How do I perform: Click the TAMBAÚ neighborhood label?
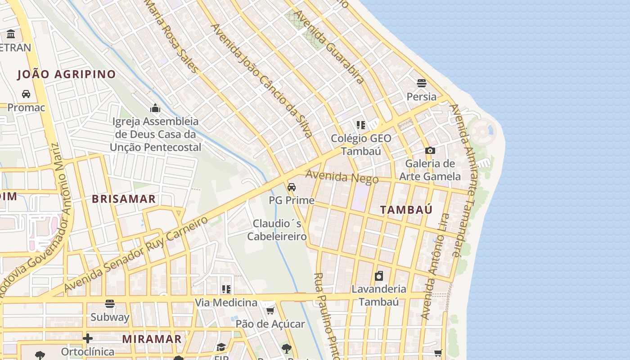coord(406,210)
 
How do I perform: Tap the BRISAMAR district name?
coord(124,199)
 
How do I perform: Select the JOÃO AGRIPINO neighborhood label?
coord(67,74)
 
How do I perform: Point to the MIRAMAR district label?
coord(152,339)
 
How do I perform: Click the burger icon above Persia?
coord(422,83)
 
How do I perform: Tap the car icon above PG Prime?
coord(292,187)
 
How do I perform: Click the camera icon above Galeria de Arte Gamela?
coord(430,150)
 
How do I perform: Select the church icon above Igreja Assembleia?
coord(155,108)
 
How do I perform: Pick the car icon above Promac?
coord(26,94)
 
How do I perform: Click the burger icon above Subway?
coord(110,304)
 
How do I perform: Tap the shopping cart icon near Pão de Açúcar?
coord(270,310)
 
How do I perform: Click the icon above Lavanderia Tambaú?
coord(379,276)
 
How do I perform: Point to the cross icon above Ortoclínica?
coord(88,338)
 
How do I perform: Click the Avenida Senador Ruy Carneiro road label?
coord(136,254)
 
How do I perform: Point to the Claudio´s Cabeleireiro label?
coord(277,229)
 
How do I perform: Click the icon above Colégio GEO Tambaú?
coord(360,125)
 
